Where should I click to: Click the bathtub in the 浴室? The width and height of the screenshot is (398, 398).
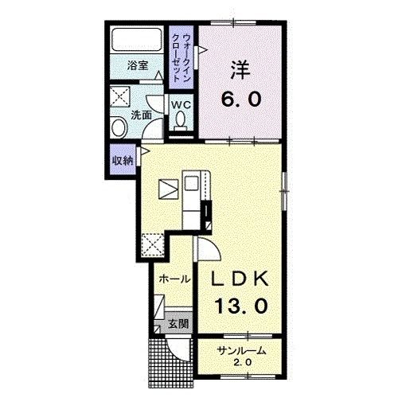point(137,40)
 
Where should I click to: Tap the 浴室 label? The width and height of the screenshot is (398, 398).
point(138,65)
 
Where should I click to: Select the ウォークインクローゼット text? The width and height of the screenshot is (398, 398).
point(181,57)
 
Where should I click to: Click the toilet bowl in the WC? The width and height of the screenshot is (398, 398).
point(181,119)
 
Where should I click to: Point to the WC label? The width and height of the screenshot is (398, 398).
point(181,105)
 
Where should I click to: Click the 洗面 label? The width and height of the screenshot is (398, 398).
point(142,115)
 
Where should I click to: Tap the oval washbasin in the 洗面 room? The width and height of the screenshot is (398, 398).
point(119,127)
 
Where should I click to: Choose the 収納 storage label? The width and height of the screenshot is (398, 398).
point(123,160)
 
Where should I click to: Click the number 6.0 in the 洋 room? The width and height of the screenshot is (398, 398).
point(241,99)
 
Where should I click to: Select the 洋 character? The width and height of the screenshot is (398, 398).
point(241,70)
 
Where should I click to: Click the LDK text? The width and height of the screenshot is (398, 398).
point(240,279)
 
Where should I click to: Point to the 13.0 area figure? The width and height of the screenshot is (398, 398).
point(241,306)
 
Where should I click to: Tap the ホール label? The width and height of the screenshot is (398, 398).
point(174,279)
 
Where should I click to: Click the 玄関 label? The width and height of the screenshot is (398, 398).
point(178,323)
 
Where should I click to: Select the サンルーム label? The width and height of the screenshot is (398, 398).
point(241,351)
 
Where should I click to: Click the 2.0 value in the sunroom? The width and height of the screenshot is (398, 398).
point(242,362)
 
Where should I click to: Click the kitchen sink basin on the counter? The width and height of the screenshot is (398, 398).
point(191,183)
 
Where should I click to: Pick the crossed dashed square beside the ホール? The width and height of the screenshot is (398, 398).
point(152,244)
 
